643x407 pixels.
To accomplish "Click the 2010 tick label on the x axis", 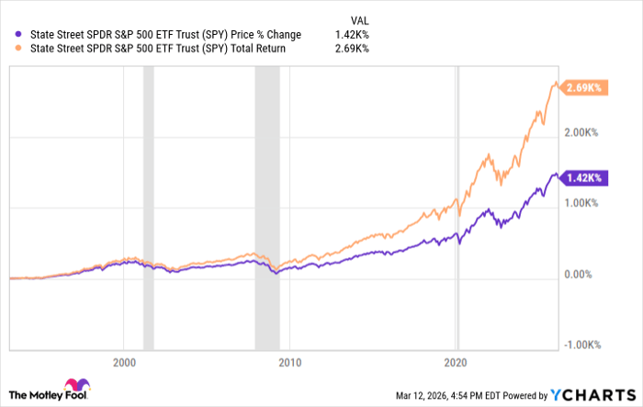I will pos(289,362).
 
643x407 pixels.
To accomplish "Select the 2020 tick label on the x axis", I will pos(457,362).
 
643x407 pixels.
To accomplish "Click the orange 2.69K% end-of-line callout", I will pos(584,87).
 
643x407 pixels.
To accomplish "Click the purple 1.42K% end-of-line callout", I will pos(584,177).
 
